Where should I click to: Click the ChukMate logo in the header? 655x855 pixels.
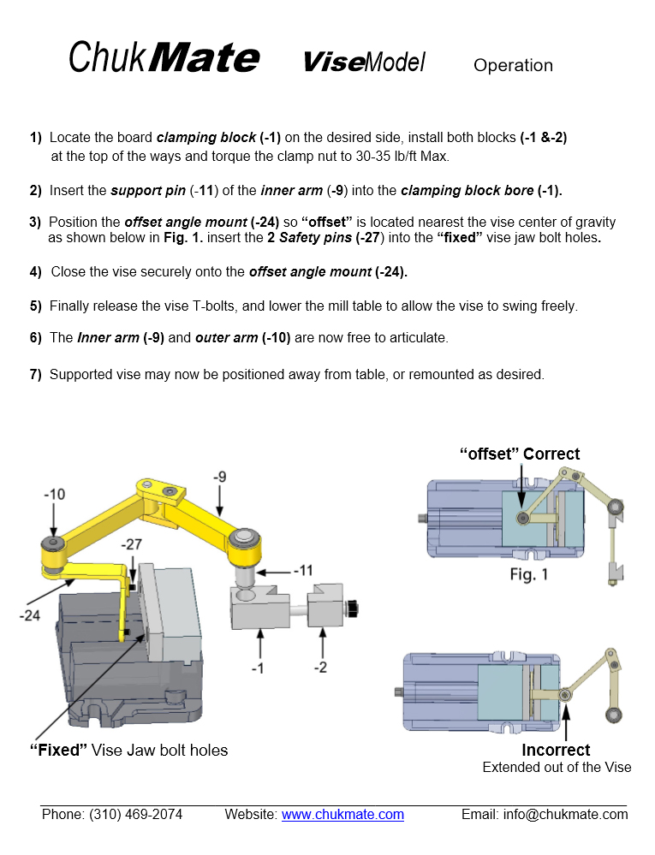163,58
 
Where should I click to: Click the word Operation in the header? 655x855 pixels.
513,65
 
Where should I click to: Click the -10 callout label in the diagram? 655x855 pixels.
56,495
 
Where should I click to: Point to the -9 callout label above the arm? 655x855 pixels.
221,476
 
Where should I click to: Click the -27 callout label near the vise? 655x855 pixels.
133,544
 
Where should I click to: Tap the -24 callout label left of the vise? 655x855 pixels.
31,615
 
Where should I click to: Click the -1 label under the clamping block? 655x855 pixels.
259,667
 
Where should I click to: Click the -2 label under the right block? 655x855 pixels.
322,667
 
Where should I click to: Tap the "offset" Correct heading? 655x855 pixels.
520,454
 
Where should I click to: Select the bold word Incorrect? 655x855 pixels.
556,751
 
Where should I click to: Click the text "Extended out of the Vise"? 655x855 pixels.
557,767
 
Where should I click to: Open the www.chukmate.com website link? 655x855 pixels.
342,815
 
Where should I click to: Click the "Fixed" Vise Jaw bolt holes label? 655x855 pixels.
128,751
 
